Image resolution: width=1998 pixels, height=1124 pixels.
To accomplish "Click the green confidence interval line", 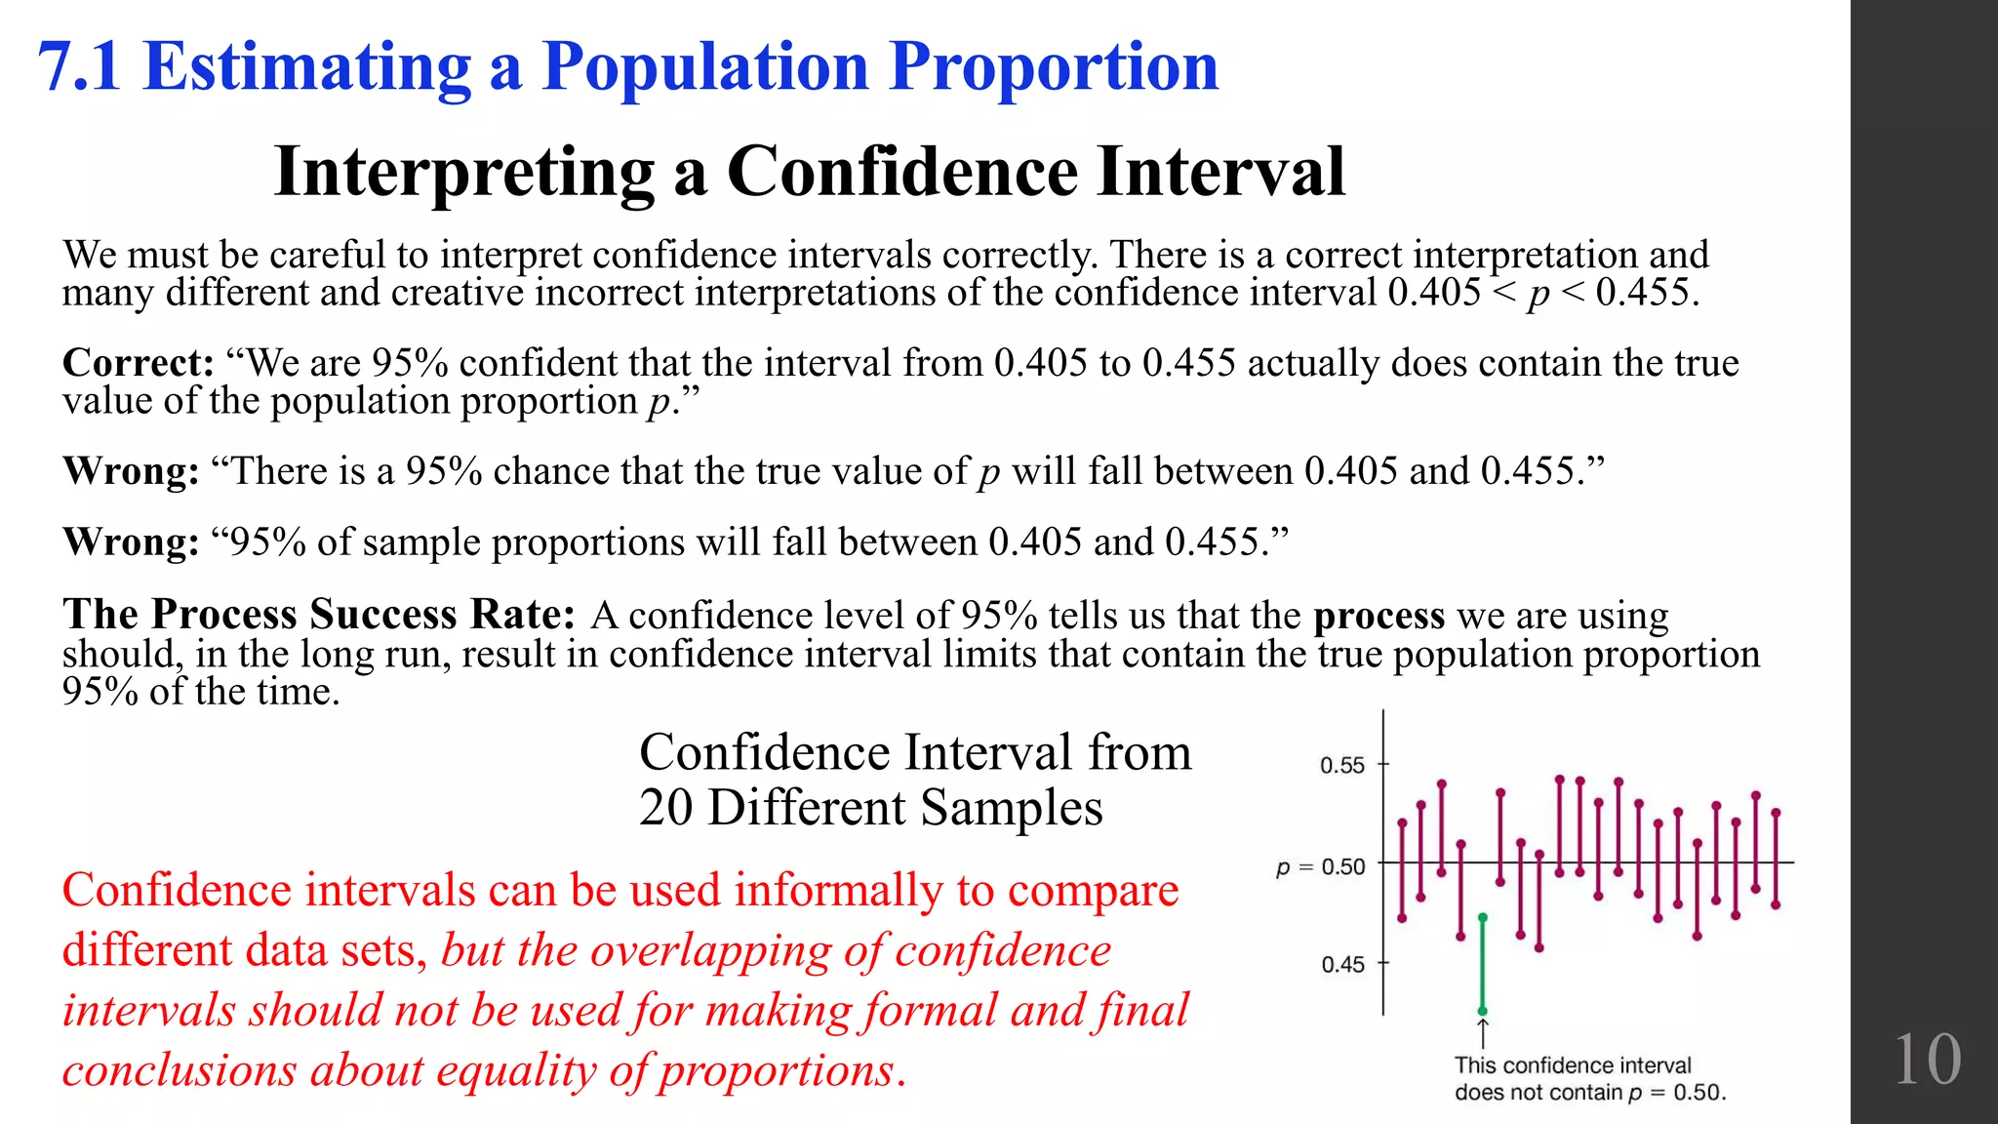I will [1482, 966].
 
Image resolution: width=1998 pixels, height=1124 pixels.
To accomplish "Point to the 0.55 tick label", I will [1341, 765].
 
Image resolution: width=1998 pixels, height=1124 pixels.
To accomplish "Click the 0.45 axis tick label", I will [1342, 964].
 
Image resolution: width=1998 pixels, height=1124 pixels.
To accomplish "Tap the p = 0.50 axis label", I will [1320, 866].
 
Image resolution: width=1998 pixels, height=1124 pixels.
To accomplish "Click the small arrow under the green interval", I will [1483, 1032].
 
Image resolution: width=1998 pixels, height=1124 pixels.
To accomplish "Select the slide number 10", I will [1926, 1060].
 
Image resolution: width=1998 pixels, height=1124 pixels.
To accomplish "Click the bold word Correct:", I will [138, 363].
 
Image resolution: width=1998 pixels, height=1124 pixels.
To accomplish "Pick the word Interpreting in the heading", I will [463, 172].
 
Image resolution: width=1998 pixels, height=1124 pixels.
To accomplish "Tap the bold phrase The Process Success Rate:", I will [319, 615].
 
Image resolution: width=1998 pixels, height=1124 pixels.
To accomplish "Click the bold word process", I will [1379, 616].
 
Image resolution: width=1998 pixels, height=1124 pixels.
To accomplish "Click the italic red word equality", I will [517, 1070].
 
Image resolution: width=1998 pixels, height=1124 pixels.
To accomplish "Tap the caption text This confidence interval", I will [1573, 1065].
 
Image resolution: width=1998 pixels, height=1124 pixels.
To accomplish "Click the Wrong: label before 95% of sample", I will [131, 542].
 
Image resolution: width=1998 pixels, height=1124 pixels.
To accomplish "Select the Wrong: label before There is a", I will [131, 471].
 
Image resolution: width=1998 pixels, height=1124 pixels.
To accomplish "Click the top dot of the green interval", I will [1482, 917].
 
